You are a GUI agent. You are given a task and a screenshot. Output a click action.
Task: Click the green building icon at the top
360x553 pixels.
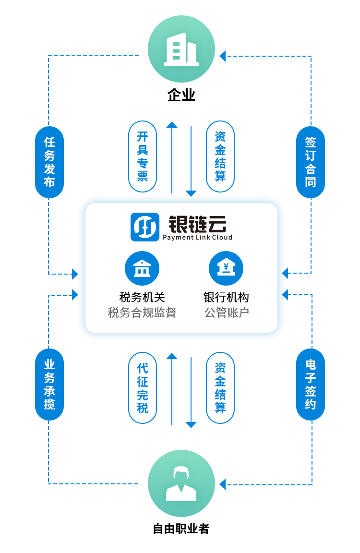pyautogui.click(x=181, y=49)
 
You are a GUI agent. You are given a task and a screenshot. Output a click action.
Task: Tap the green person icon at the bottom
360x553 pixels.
pyautogui.click(x=181, y=483)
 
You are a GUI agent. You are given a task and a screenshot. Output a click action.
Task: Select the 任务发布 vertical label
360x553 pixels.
pyautogui.click(x=49, y=162)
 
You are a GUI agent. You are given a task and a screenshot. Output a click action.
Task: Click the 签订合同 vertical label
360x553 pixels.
pyautogui.click(x=311, y=162)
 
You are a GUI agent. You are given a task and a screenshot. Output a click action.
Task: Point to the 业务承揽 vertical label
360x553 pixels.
pyautogui.click(x=49, y=384)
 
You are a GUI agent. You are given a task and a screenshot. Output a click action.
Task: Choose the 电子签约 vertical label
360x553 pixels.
pyautogui.click(x=311, y=384)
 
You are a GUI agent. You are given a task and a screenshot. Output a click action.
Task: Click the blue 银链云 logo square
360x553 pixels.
pyautogui.click(x=145, y=227)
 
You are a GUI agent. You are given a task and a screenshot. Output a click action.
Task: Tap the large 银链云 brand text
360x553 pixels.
pyautogui.click(x=197, y=224)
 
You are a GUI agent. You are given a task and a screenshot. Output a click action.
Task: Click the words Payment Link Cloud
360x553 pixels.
pyautogui.click(x=197, y=237)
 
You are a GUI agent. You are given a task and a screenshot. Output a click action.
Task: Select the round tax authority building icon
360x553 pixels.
pyautogui.click(x=142, y=268)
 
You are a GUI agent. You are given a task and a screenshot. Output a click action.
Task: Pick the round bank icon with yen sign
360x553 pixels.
pyautogui.click(x=226, y=268)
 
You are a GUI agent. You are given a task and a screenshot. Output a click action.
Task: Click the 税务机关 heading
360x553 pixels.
pyautogui.click(x=142, y=297)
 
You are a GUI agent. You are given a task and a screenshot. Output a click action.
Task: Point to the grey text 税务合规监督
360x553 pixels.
pyautogui.click(x=142, y=313)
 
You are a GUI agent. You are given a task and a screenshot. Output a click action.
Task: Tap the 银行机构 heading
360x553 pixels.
pyautogui.click(x=226, y=297)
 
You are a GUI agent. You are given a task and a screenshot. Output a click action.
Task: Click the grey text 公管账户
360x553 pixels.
pyautogui.click(x=226, y=313)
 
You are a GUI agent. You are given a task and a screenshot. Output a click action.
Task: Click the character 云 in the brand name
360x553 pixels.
pyautogui.click(x=216, y=224)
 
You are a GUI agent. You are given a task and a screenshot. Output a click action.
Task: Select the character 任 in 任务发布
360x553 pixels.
pyautogui.click(x=49, y=142)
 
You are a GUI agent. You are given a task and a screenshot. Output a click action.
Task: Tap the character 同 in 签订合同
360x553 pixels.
pyautogui.click(x=311, y=182)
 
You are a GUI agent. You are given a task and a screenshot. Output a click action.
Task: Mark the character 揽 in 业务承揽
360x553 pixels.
pyautogui.click(x=49, y=404)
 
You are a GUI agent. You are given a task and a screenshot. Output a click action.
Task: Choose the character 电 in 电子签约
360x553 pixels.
pyautogui.click(x=311, y=364)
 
